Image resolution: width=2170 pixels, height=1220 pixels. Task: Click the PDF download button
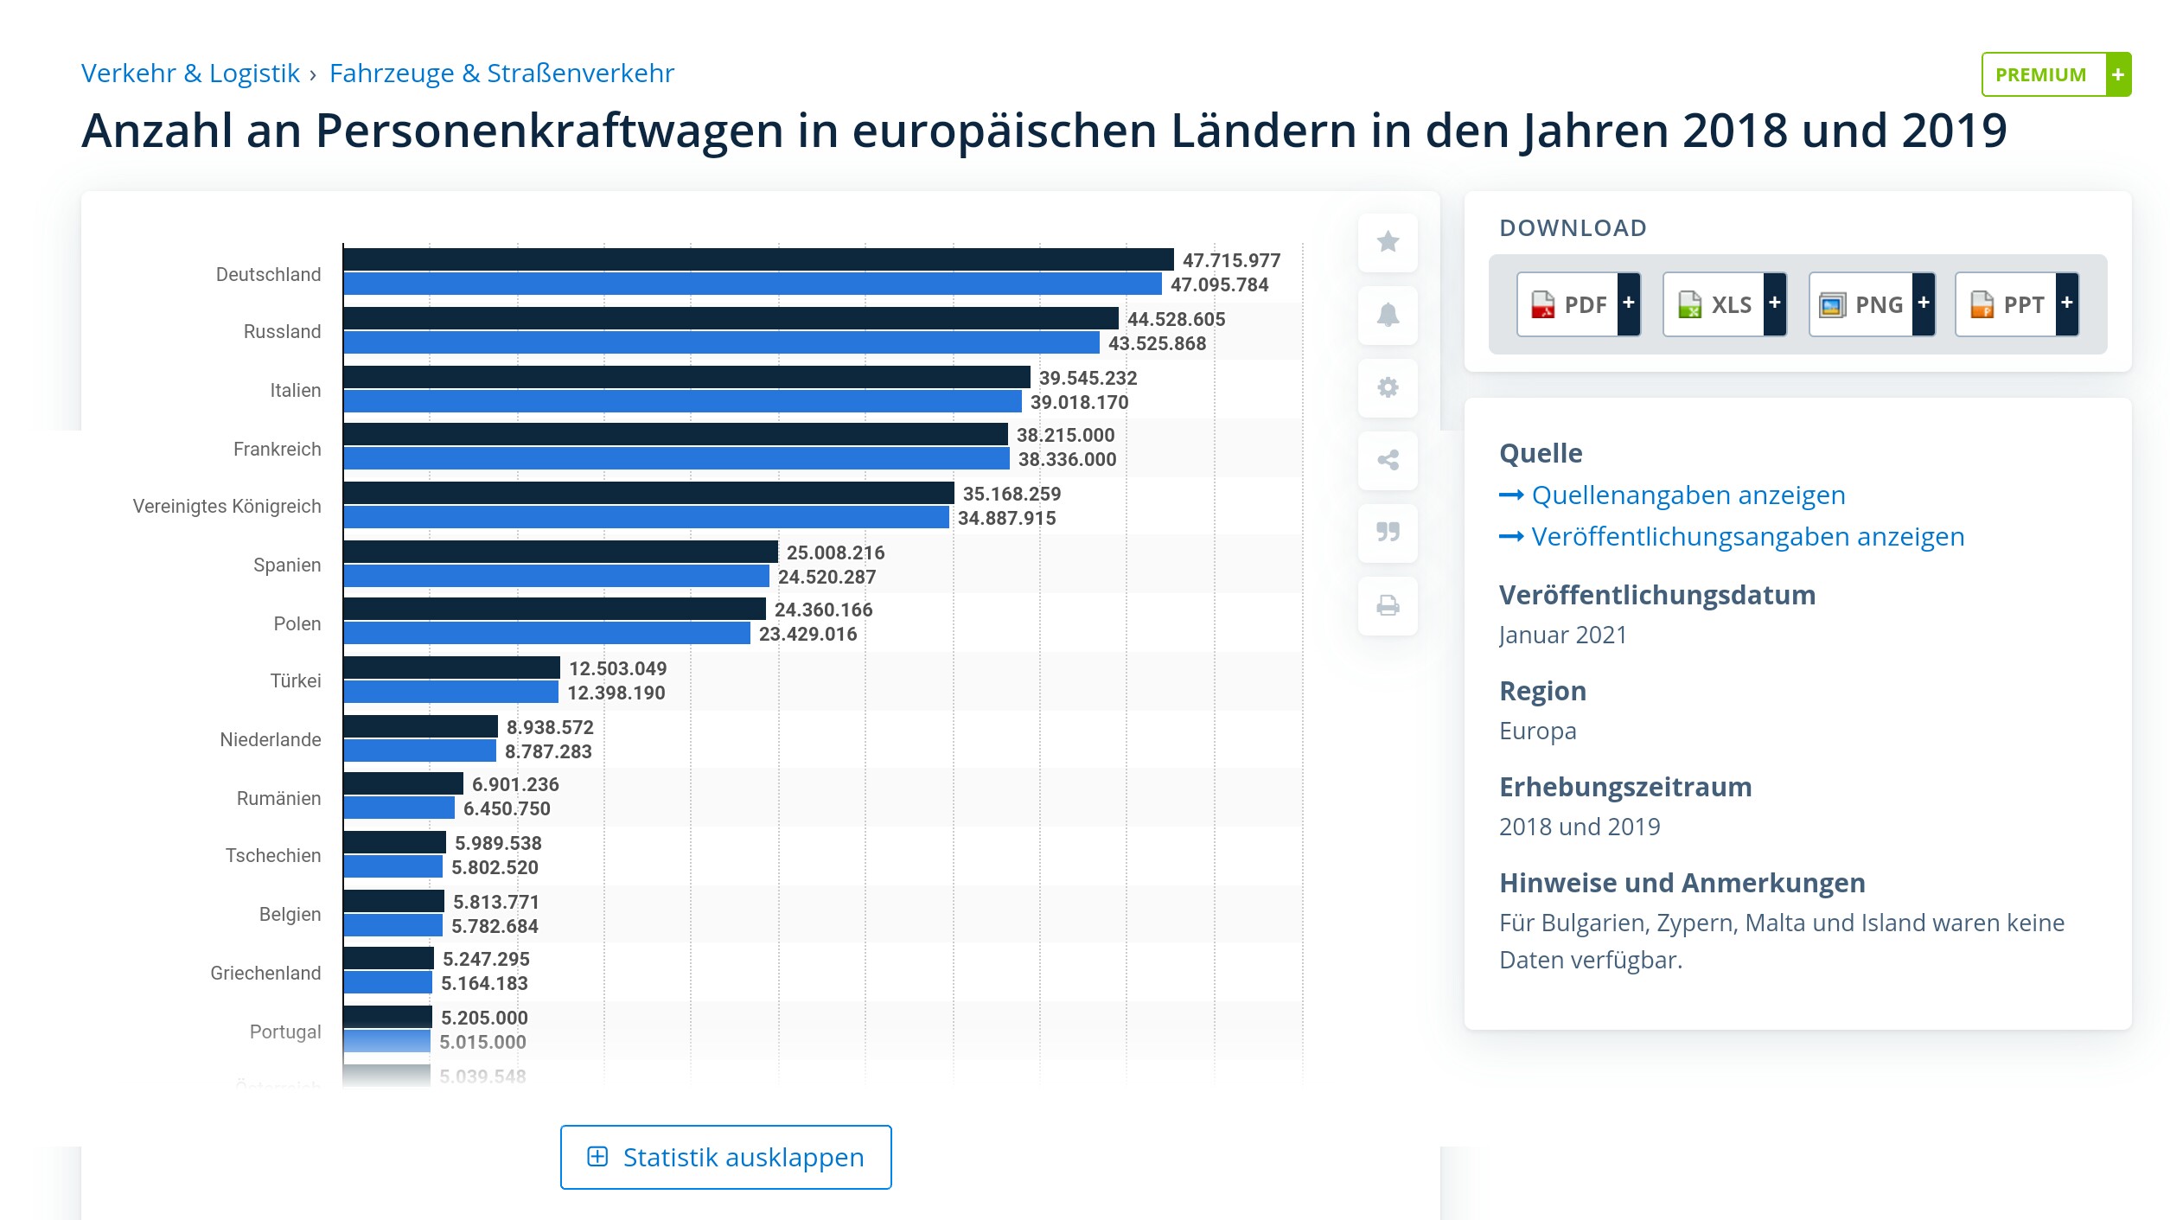pyautogui.click(x=1578, y=304)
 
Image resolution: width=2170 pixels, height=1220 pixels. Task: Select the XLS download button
pyautogui.click(x=1724, y=304)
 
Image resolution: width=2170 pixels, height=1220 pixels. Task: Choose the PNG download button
pyautogui.click(x=1871, y=304)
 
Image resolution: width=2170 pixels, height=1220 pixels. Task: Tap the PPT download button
pyautogui.click(x=2016, y=304)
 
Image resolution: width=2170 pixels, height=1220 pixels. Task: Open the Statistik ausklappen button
pyautogui.click(x=725, y=1157)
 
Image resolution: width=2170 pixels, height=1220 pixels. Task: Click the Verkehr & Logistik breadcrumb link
pyautogui.click(x=190, y=73)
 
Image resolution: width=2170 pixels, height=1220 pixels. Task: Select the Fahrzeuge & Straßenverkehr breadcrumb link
pyautogui.click(x=501, y=73)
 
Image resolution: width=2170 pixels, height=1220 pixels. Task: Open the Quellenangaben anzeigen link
pyautogui.click(x=1688, y=495)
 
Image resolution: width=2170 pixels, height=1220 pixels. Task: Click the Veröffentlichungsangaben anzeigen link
pyautogui.click(x=1747, y=537)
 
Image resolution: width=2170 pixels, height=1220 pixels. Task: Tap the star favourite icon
pyautogui.click(x=1388, y=242)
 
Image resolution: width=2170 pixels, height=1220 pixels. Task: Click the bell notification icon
pyautogui.click(x=1388, y=315)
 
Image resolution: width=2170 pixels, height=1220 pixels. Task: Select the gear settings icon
pyautogui.click(x=1388, y=387)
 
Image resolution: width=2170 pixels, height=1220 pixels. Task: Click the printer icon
pyautogui.click(x=1388, y=605)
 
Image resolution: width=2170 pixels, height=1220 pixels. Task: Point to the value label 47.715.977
pyautogui.click(x=1231, y=260)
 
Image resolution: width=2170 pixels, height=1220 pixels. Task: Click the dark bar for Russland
pyautogui.click(x=731, y=318)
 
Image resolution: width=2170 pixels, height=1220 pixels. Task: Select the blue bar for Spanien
pyautogui.click(x=556, y=576)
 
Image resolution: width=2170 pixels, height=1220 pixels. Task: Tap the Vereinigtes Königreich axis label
pyautogui.click(x=227, y=507)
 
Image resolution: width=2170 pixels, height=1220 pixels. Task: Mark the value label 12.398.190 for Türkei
pyautogui.click(x=616, y=693)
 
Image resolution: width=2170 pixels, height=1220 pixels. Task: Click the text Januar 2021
pyautogui.click(x=1562, y=635)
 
